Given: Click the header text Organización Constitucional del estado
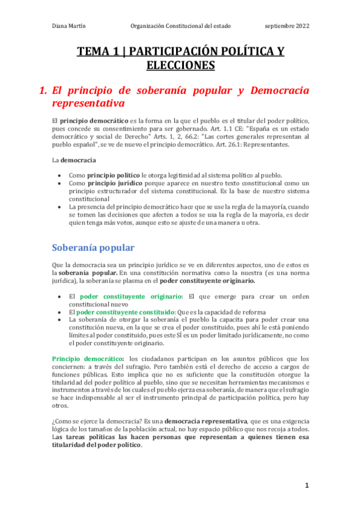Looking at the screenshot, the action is tap(180, 26).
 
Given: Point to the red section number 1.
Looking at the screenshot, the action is tap(42, 91).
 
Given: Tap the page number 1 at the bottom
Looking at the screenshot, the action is tap(306, 485).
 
